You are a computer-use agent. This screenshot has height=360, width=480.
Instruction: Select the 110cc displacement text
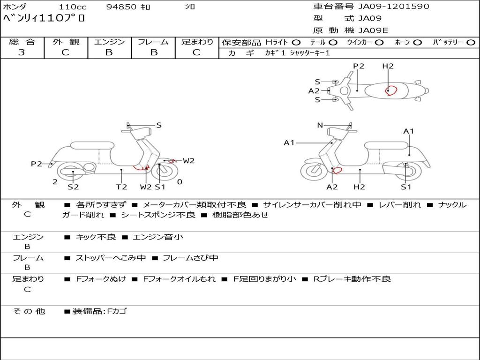click(72, 7)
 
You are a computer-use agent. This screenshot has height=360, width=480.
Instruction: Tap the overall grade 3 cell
click(22, 52)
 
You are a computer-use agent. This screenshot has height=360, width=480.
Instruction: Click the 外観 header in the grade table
click(66, 42)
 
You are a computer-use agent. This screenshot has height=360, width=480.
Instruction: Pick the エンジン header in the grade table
click(109, 42)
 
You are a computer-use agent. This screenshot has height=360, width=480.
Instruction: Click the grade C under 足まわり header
click(196, 52)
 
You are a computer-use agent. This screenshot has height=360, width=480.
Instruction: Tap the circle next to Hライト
click(296, 42)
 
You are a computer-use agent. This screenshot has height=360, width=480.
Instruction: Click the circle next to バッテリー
click(471, 42)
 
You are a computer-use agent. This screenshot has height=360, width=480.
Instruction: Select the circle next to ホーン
click(417, 42)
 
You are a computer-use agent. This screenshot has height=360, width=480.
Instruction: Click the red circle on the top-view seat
click(390, 90)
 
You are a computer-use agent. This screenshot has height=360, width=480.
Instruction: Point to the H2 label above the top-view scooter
click(388, 66)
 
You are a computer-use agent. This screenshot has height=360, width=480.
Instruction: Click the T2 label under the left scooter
click(121, 187)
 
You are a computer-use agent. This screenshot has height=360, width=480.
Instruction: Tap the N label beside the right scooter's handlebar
click(320, 125)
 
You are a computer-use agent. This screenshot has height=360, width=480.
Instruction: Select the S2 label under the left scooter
click(73, 187)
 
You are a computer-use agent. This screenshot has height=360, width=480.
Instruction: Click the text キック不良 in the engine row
click(96, 237)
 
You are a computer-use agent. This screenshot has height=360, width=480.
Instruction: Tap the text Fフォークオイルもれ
click(179, 279)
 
